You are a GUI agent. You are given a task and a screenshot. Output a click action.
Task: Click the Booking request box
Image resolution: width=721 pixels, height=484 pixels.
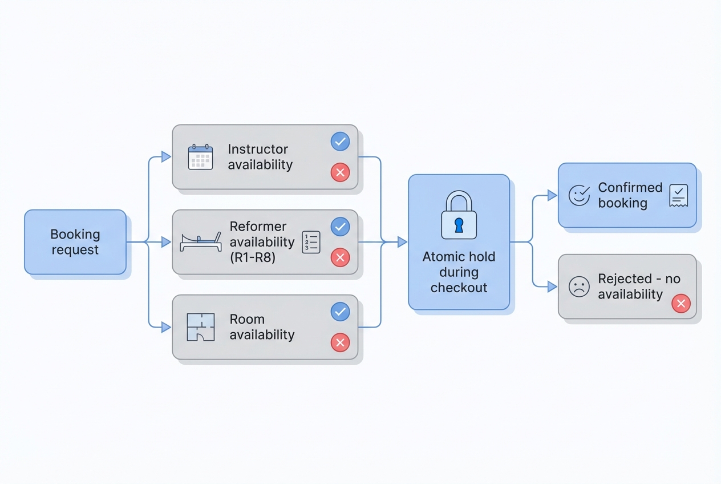tap(75, 242)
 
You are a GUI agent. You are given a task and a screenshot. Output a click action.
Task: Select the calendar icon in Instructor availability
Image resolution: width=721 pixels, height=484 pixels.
tap(200, 157)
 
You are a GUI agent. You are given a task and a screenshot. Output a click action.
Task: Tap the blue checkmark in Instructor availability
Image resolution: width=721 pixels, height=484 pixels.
tap(340, 142)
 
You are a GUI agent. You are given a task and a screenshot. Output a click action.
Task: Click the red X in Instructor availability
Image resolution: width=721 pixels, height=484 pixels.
tap(340, 172)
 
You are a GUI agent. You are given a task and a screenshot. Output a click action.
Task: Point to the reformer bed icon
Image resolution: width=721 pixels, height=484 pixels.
tap(200, 242)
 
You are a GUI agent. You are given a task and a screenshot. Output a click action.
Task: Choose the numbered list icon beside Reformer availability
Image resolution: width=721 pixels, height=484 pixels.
tap(311, 242)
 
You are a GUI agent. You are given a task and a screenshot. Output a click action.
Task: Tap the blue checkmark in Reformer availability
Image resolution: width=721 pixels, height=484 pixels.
tap(340, 227)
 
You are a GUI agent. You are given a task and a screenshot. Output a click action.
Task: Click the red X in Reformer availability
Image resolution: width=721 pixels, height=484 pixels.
tap(340, 258)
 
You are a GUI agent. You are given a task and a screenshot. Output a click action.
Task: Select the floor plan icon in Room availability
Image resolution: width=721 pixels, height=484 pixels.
tap(201, 327)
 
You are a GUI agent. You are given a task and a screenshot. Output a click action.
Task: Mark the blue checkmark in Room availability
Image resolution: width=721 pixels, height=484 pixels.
tap(340, 312)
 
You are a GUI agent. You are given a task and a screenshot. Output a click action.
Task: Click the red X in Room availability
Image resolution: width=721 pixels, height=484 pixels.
tap(340, 342)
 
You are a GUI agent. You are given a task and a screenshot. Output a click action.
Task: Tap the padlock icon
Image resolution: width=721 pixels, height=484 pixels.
tap(459, 215)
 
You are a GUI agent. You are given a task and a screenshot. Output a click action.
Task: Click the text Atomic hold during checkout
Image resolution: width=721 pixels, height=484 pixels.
tap(459, 272)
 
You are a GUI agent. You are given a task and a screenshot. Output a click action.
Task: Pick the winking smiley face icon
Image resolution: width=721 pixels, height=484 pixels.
tap(579, 196)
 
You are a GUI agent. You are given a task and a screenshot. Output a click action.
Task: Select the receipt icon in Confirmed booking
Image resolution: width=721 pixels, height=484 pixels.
tap(679, 196)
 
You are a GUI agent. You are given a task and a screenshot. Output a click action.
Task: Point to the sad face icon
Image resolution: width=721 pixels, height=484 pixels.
tap(579, 287)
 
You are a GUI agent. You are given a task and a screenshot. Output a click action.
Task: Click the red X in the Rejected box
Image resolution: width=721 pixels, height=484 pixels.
tap(681, 303)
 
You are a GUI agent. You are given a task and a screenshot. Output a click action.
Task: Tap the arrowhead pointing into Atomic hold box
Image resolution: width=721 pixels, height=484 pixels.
tap(402, 242)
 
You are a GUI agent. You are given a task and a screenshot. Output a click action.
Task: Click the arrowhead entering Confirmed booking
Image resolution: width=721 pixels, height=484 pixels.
tap(552, 196)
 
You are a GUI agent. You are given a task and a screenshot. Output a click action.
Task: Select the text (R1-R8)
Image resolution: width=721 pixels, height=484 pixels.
tap(252, 257)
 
